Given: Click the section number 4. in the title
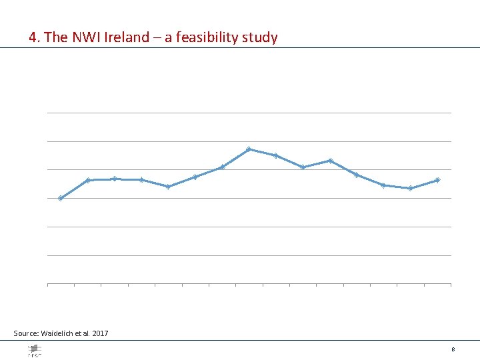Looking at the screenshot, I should click(35, 37).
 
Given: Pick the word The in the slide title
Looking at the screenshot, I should click(56, 37).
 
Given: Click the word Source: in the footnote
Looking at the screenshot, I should click(26, 333).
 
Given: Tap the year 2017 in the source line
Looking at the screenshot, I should click(101, 333).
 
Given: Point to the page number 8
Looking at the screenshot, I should click(453, 349).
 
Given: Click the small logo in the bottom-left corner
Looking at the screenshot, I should click(34, 350).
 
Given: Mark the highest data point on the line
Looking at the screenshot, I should click(249, 149).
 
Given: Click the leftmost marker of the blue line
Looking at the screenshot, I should click(61, 198).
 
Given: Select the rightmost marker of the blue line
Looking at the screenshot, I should click(437, 180).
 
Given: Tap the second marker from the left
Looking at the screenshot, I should click(88, 180).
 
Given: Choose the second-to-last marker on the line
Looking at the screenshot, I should click(410, 188).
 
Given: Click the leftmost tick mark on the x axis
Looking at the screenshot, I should click(48, 285).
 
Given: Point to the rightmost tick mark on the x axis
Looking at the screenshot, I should click(451, 285).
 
